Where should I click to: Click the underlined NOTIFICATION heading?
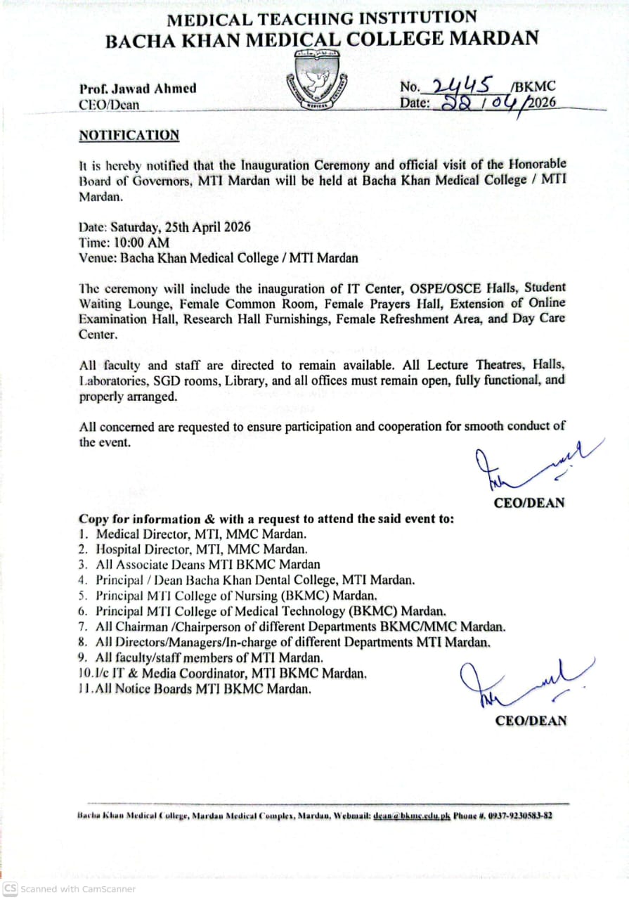[x=129, y=135]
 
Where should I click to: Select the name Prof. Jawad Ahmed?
[x=138, y=89]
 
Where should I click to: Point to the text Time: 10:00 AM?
[x=124, y=243]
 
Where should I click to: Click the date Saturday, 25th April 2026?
[x=164, y=228]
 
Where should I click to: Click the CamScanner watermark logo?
[x=11, y=889]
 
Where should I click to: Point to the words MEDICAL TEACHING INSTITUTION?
[x=321, y=19]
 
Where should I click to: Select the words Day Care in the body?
[x=540, y=319]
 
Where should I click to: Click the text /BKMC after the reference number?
[x=533, y=87]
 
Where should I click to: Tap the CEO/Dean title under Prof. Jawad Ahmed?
[x=109, y=105]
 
